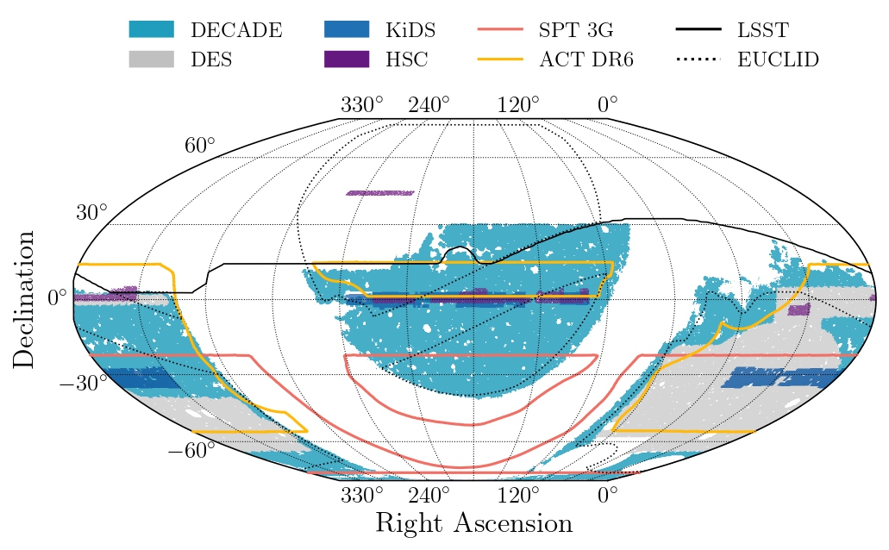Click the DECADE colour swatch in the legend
tap(151, 30)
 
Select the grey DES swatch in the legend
tap(151, 59)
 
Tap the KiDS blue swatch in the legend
tap(347, 30)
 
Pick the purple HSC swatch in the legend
tap(347, 59)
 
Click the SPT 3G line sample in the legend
tap(500, 30)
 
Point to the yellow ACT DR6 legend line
tap(500, 59)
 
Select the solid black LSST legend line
tap(698, 30)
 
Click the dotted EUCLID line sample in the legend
tap(698, 59)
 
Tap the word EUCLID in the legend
tap(778, 59)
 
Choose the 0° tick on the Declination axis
tap(58, 298)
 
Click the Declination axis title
tap(24, 298)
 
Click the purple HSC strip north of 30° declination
tap(379, 193)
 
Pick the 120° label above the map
tap(518, 105)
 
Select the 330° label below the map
tap(361, 496)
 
